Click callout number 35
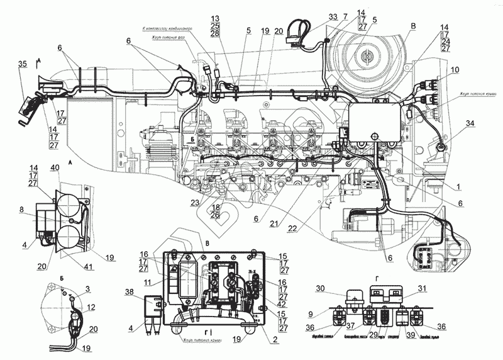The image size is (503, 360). [x=23, y=64]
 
